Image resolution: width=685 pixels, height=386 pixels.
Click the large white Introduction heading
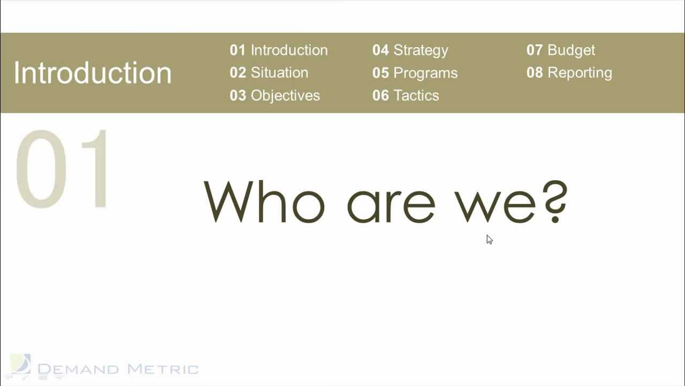pyautogui.click(x=93, y=73)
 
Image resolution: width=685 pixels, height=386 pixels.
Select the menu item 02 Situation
pyautogui.click(x=269, y=72)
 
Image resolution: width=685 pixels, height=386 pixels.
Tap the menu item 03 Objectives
pyautogui.click(x=275, y=95)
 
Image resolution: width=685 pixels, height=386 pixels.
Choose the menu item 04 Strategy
pyautogui.click(x=410, y=50)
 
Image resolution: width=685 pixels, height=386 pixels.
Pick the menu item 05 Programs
pyautogui.click(x=415, y=73)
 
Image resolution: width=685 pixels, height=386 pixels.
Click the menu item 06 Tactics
pyautogui.click(x=406, y=95)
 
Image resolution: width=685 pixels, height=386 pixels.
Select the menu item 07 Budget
pyautogui.click(x=560, y=50)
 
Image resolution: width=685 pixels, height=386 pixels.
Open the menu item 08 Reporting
pyautogui.click(x=569, y=72)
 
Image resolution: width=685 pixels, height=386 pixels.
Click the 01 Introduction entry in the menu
pyautogui.click(x=278, y=50)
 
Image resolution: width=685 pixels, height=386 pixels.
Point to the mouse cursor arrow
pyautogui.click(x=489, y=239)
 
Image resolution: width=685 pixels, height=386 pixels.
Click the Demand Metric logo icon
pyautogui.click(x=20, y=365)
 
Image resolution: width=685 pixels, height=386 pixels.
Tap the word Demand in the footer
pyautogui.click(x=79, y=369)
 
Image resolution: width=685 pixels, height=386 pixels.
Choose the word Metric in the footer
pyautogui.click(x=163, y=369)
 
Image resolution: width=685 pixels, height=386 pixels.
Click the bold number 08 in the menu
pyautogui.click(x=535, y=72)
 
